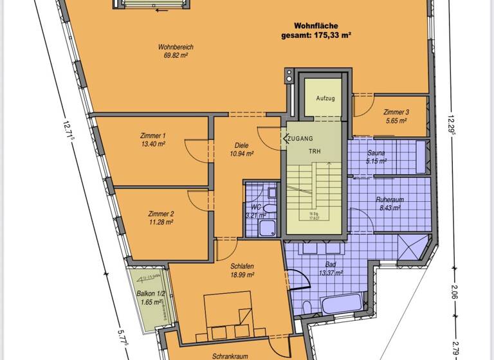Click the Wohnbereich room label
click(x=176, y=47)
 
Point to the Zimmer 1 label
click(x=152, y=136)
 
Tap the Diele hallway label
click(x=241, y=145)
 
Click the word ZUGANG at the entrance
click(x=300, y=138)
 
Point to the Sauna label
click(x=376, y=153)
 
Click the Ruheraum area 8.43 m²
click(x=389, y=208)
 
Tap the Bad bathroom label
click(x=331, y=264)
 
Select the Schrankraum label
click(x=232, y=355)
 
